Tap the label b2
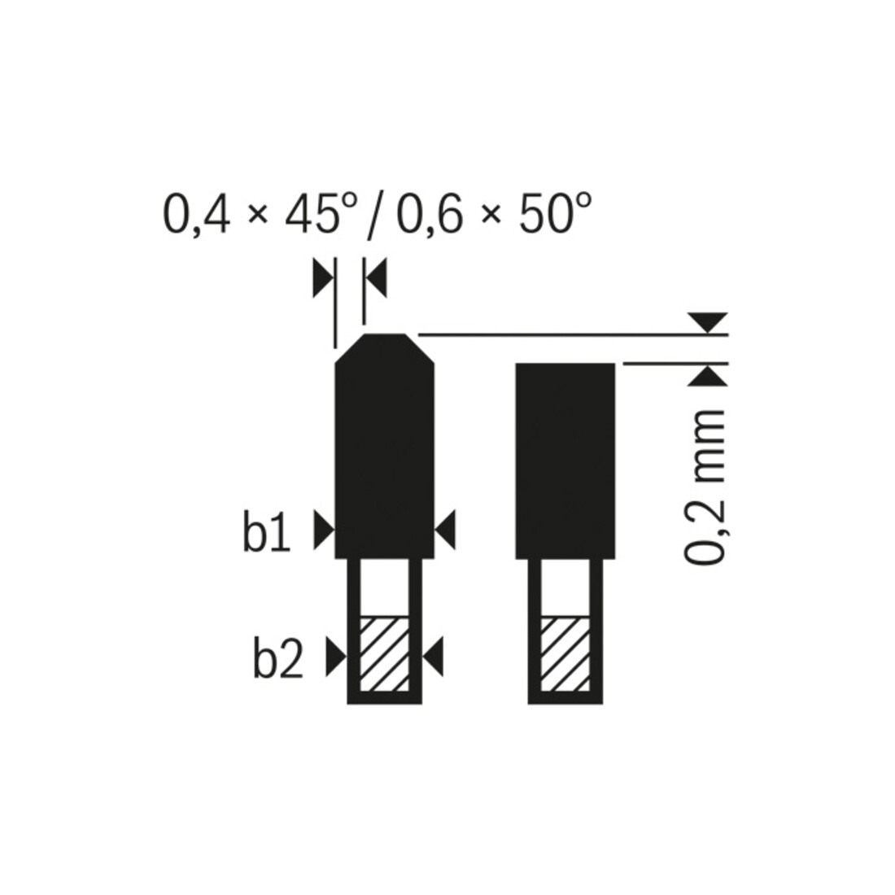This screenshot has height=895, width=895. pos(278,661)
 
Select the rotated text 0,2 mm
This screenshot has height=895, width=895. pos(704,487)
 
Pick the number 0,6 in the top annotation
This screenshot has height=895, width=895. pos(430,215)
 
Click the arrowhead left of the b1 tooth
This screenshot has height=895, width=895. pos(324,530)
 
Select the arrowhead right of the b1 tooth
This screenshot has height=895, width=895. pos(446,530)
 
